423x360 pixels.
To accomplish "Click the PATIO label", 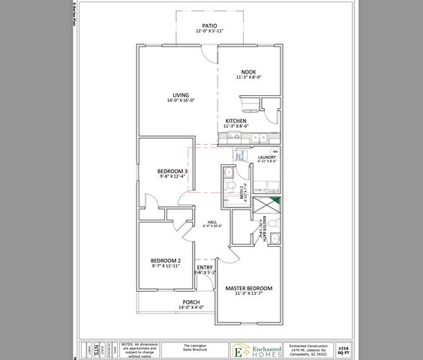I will tap(210, 25).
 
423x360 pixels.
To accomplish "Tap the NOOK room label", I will tap(248, 72).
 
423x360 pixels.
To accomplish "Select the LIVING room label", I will tap(180, 95).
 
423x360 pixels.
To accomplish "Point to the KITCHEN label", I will tap(236, 121).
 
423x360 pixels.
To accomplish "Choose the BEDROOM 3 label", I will tap(172, 172).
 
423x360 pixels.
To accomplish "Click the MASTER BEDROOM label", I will tap(248, 288).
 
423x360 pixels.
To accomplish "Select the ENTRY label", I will tap(204, 268).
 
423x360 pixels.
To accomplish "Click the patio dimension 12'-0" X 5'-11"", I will tap(210, 31).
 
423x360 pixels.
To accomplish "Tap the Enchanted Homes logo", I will tap(256, 349).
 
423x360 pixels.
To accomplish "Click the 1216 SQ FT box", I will tap(343, 349).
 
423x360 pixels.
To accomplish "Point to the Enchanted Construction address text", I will tap(310, 349).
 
